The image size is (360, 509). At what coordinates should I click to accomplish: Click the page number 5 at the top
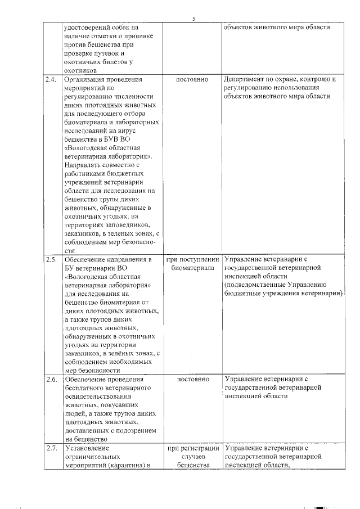coord(193,19)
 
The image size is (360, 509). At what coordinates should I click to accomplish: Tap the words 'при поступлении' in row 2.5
coord(192,260)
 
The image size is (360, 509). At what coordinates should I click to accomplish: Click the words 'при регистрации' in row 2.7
coord(192,448)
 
